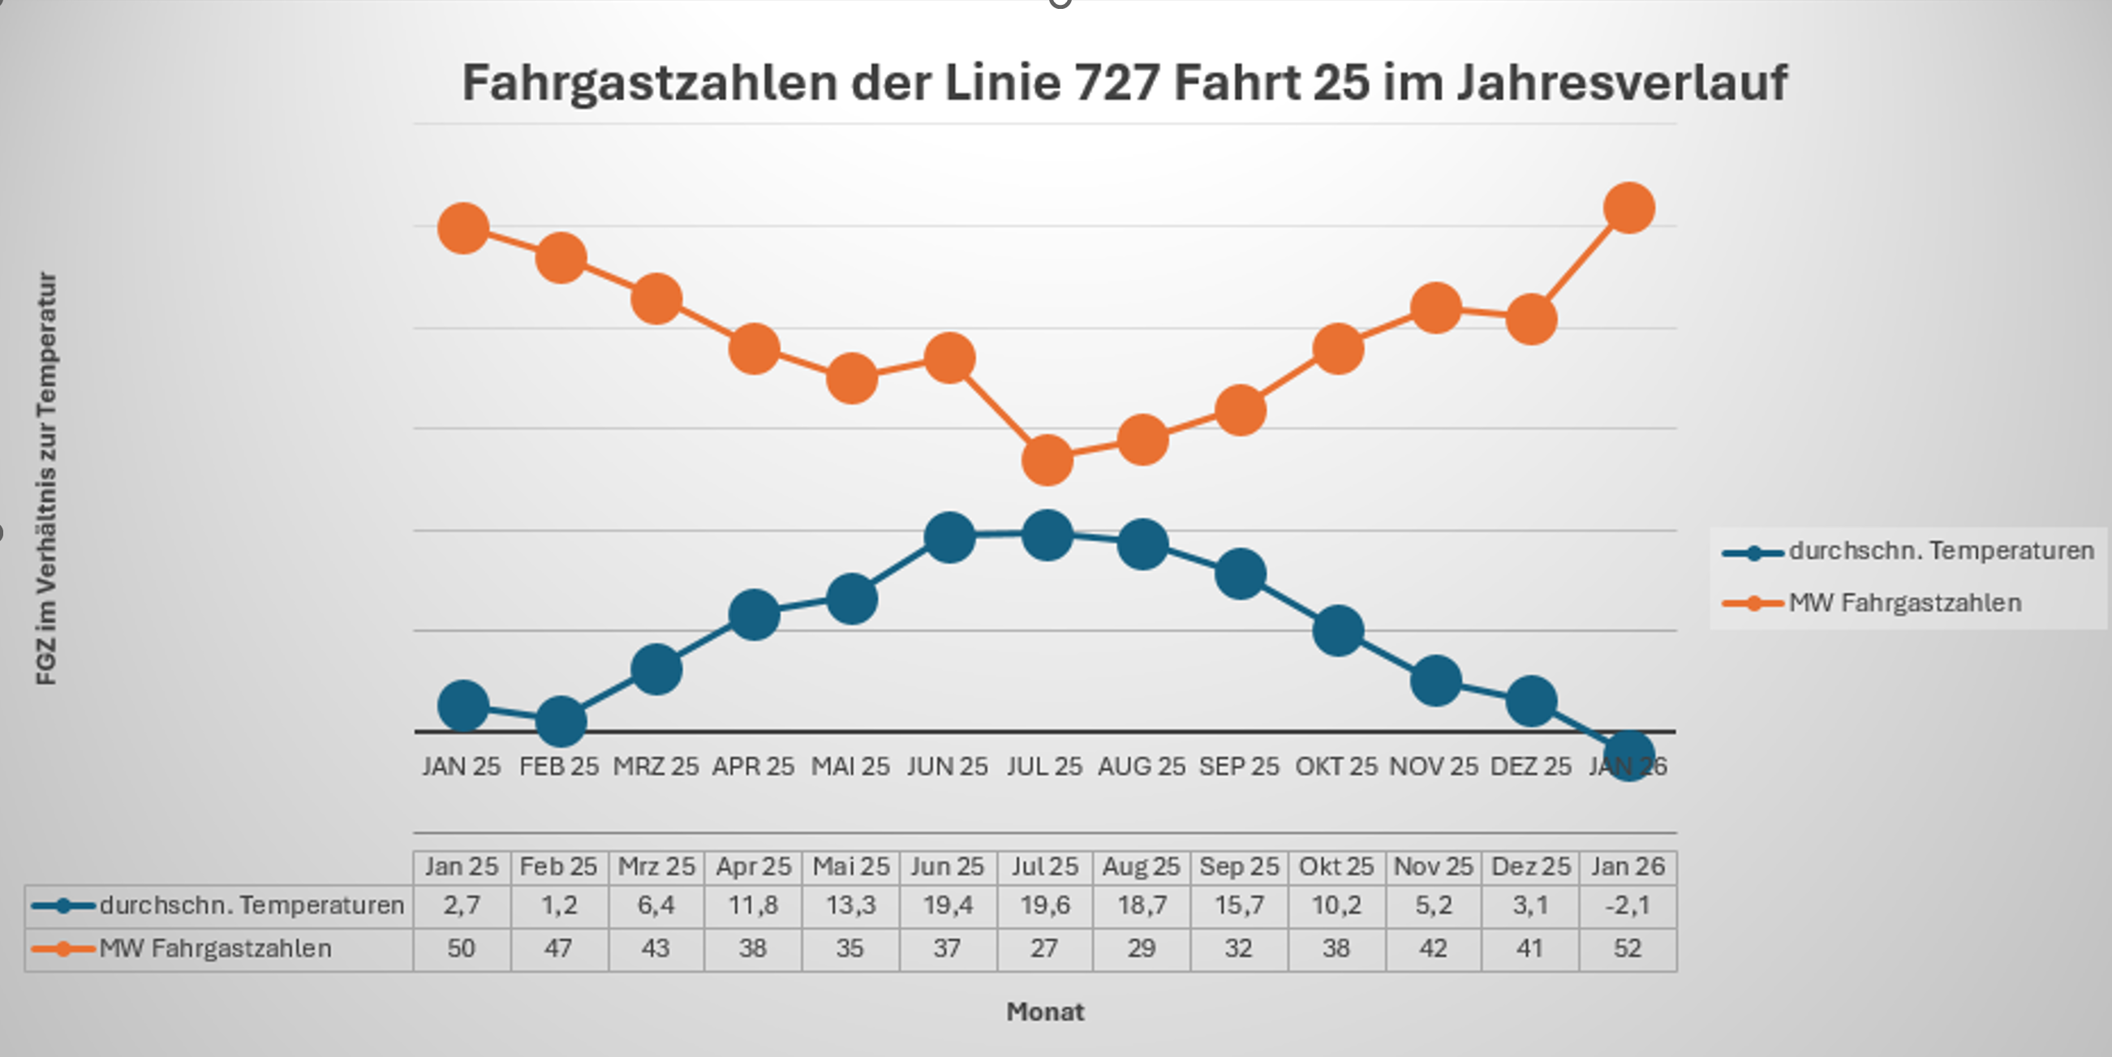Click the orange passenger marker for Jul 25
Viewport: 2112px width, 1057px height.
[x=1047, y=459]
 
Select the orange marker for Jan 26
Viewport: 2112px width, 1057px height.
[x=1628, y=208]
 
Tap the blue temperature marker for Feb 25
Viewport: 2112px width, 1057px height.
[x=561, y=722]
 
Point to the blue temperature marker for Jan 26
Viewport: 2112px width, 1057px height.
[x=1628, y=755]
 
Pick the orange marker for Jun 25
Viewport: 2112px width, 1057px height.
[x=949, y=359]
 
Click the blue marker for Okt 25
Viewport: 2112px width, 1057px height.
[x=1338, y=630]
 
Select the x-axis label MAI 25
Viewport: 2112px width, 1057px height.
[x=850, y=767]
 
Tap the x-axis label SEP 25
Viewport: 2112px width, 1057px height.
[x=1239, y=767]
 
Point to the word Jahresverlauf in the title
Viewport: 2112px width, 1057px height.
[x=1621, y=83]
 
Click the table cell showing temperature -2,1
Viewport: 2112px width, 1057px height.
[x=1628, y=906]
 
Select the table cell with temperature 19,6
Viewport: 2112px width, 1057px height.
[x=1044, y=906]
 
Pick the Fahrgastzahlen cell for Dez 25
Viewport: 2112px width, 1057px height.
[x=1530, y=949]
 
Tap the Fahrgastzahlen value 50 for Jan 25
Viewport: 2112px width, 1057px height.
[x=462, y=949]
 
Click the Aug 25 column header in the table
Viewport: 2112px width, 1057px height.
[x=1142, y=866]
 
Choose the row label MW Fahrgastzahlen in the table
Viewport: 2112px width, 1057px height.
[x=216, y=949]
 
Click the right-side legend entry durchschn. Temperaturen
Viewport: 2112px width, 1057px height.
[x=1941, y=551]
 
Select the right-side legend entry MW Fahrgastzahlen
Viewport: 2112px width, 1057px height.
[x=1904, y=604]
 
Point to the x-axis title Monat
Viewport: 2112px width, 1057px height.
[x=1045, y=1012]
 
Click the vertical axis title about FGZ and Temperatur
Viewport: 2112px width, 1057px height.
[x=47, y=479]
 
